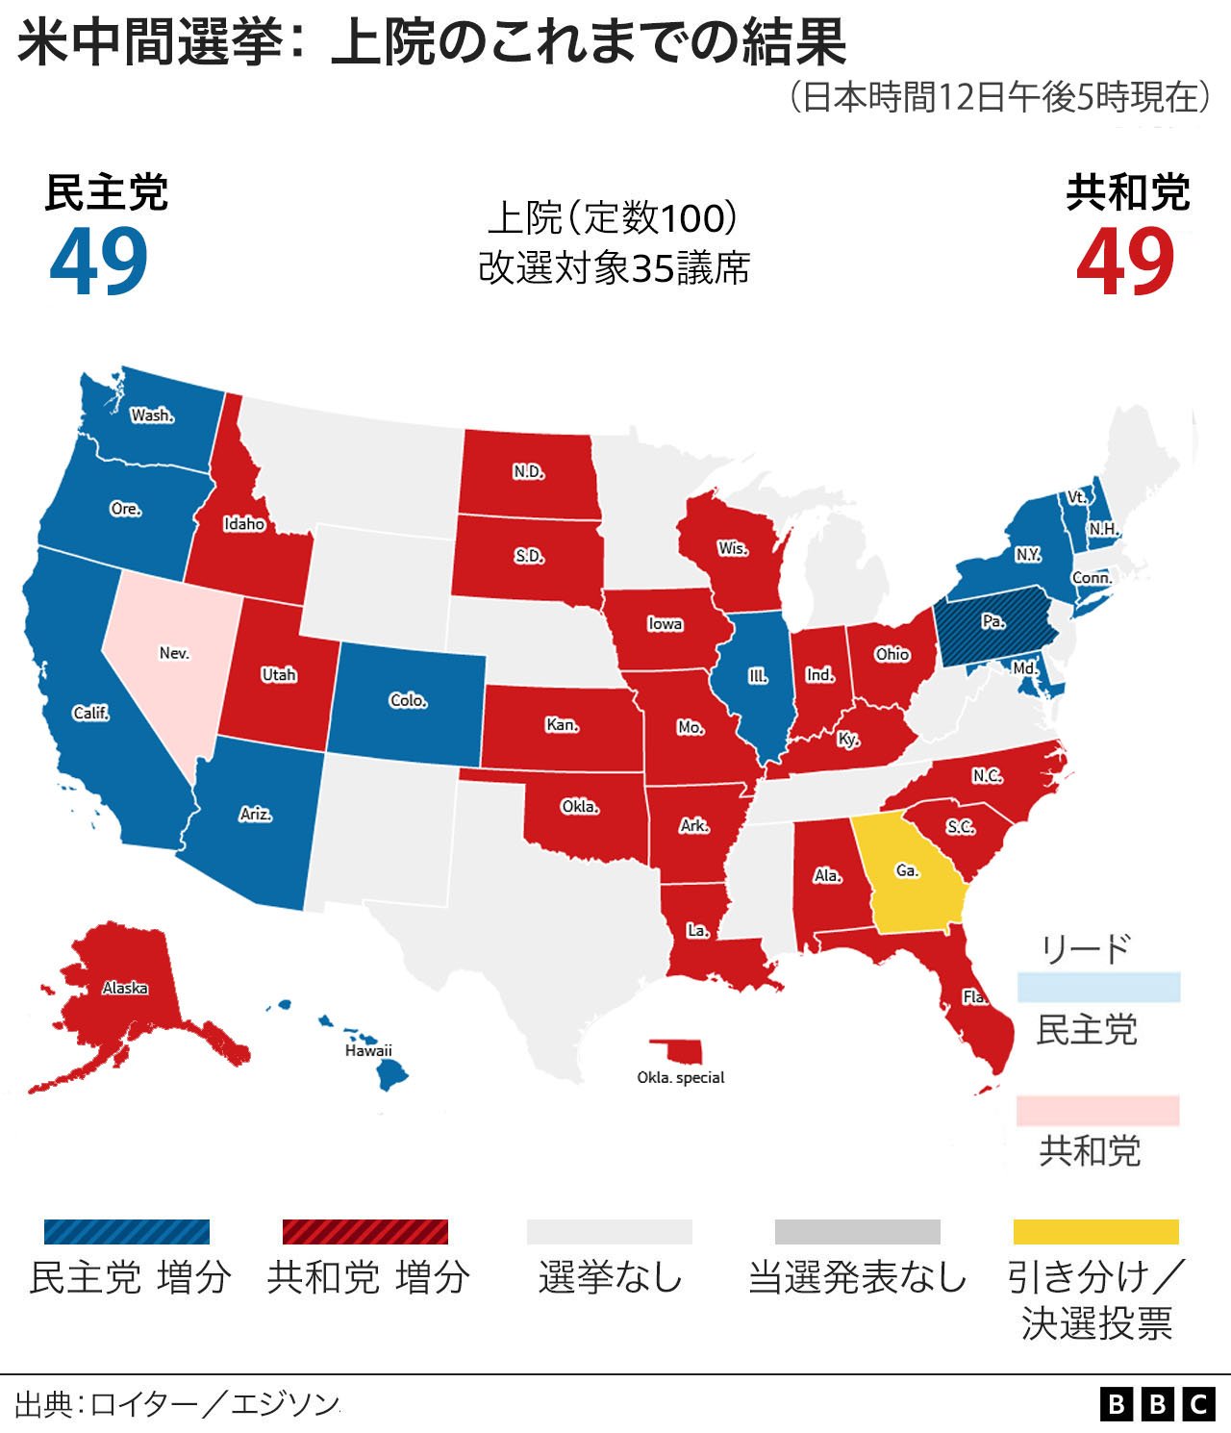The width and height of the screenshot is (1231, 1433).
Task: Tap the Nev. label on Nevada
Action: (x=174, y=653)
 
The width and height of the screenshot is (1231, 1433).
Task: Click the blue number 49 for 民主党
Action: (x=99, y=262)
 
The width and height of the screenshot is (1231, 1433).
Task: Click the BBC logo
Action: (x=1157, y=1404)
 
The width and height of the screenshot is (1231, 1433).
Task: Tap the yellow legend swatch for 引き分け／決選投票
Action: (x=1095, y=1232)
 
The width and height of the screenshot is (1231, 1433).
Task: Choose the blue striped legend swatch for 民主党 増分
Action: (x=127, y=1232)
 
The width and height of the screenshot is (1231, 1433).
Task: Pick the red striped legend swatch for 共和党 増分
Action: (x=365, y=1232)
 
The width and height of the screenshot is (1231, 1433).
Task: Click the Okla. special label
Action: (x=681, y=1077)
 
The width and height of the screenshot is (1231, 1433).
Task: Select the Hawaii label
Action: (x=369, y=1050)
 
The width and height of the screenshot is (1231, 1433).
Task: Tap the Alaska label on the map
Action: (x=125, y=988)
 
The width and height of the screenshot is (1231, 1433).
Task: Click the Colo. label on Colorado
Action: (x=409, y=700)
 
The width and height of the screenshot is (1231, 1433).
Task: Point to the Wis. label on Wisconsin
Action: (x=733, y=548)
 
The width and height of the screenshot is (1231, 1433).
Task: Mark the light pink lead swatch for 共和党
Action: (x=1098, y=1110)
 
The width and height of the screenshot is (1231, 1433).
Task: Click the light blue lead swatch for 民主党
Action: (x=1098, y=987)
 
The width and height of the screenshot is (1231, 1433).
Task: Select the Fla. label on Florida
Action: (x=975, y=996)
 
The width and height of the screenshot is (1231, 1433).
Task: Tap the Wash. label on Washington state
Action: (x=152, y=415)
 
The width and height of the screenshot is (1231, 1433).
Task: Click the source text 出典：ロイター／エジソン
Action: (x=178, y=1404)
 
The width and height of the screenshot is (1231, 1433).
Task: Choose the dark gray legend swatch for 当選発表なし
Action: (x=857, y=1232)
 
